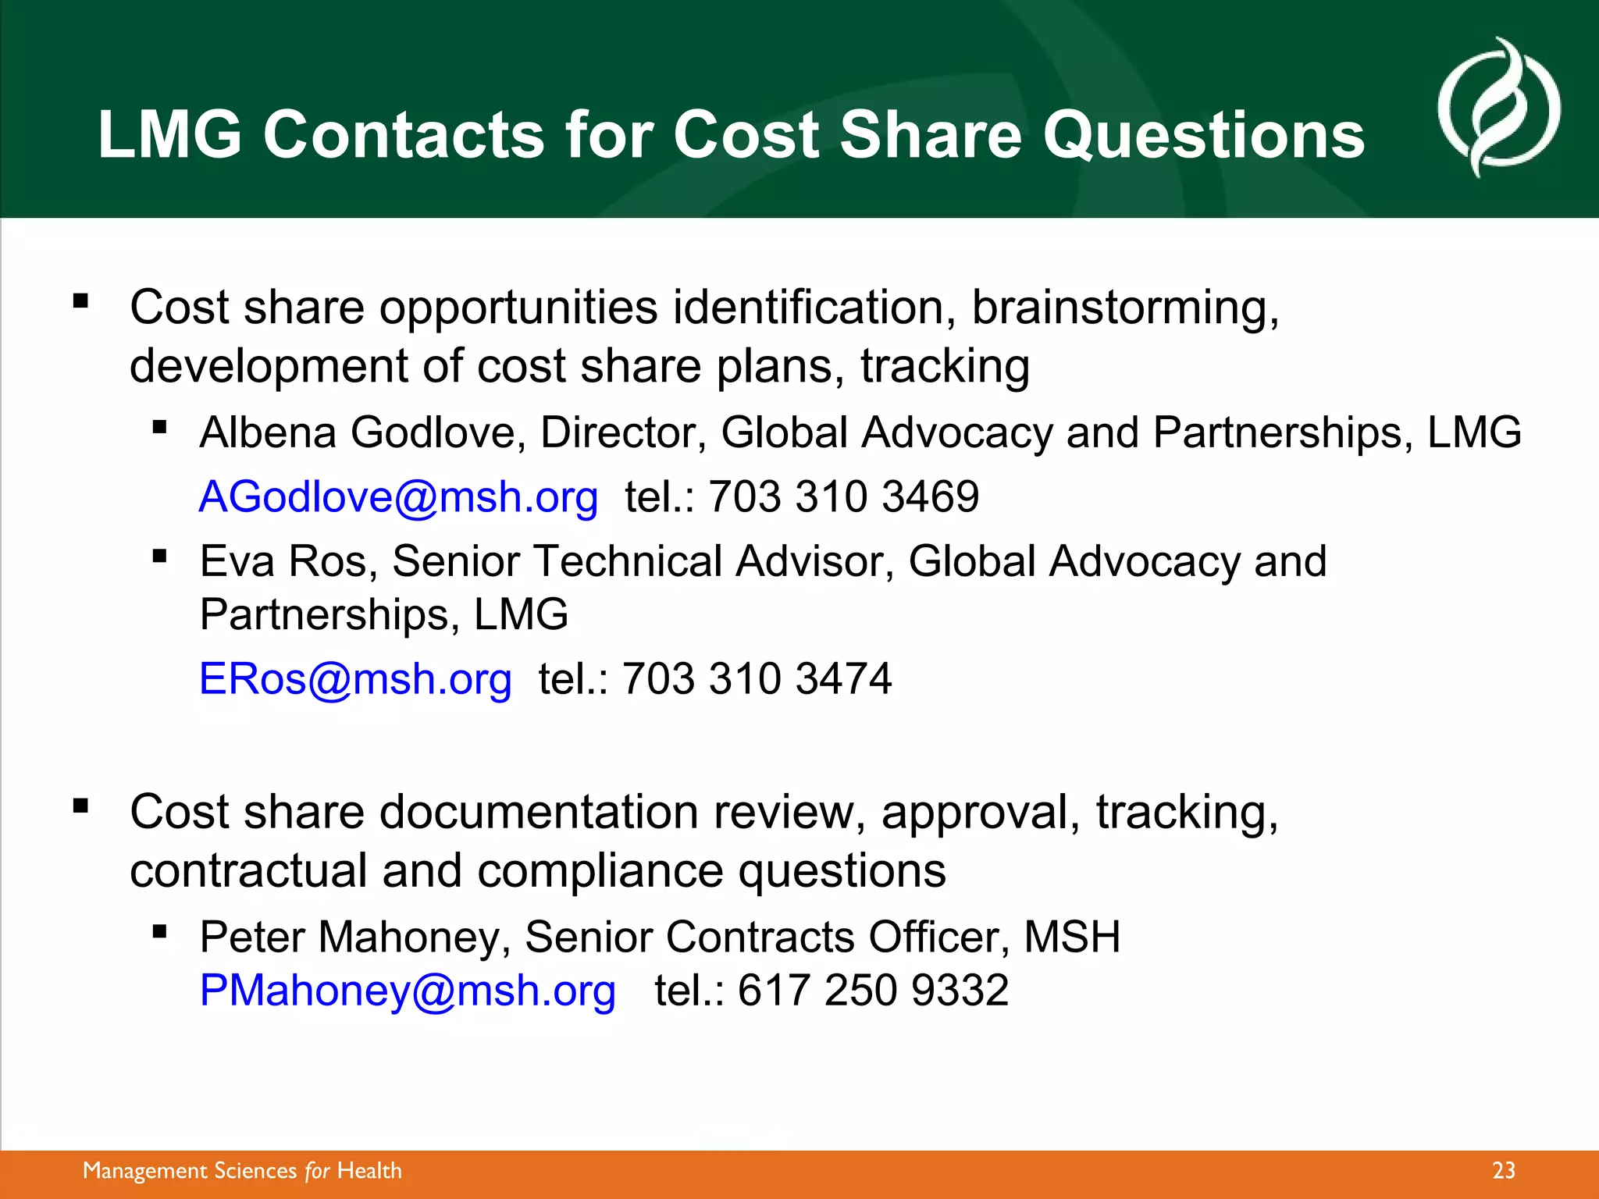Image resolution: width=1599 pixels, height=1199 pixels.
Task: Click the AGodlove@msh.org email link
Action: coord(398,497)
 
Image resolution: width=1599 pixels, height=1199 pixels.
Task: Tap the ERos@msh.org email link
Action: coord(355,679)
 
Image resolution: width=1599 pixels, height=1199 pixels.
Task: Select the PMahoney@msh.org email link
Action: coord(408,991)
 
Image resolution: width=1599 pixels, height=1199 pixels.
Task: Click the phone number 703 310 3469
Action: coord(843,497)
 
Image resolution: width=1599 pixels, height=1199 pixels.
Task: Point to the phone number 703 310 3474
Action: coord(757,679)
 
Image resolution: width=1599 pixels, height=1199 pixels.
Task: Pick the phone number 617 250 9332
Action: coord(873,991)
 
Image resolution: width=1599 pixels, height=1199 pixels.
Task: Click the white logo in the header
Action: coord(1498,108)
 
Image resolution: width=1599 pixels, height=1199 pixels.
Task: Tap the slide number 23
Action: coord(1503,1171)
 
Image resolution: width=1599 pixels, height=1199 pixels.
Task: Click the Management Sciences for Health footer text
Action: coord(242,1171)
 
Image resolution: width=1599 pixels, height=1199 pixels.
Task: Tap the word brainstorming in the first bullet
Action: coord(1124,308)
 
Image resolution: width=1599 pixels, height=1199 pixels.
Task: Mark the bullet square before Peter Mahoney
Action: coord(160,930)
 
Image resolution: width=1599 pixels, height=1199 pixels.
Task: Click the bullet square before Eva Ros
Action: coord(160,556)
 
